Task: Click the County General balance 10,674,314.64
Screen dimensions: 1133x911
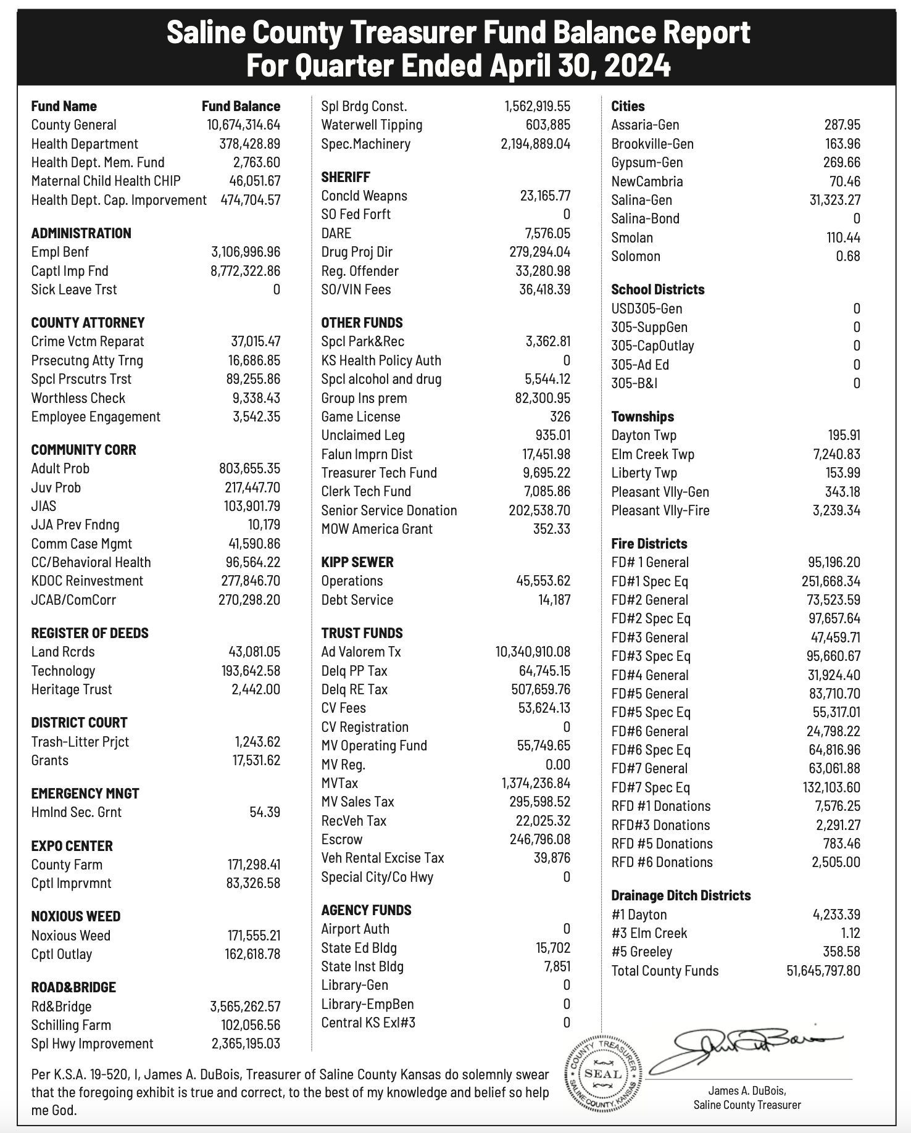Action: [243, 125]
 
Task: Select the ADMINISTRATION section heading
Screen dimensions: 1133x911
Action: [81, 233]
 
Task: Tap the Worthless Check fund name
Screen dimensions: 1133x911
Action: [78, 398]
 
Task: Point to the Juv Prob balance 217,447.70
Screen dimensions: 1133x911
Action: [252, 488]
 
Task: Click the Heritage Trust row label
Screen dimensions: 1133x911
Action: [72, 689]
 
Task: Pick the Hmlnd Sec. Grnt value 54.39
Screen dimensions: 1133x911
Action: [265, 812]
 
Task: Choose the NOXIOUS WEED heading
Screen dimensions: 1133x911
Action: [76, 916]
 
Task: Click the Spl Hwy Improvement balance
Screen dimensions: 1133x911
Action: [246, 1044]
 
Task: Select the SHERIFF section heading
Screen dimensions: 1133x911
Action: [346, 177]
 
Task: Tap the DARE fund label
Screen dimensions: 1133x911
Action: [336, 233]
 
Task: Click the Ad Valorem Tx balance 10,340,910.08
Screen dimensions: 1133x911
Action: [533, 652]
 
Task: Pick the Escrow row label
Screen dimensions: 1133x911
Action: [342, 839]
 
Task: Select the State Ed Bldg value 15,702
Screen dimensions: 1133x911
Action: [553, 948]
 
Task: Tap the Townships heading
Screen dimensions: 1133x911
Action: [643, 417]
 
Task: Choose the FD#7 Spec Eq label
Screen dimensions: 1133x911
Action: [651, 787]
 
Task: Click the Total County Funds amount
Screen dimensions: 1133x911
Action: [823, 971]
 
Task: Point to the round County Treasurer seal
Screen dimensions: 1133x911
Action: [602, 1073]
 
